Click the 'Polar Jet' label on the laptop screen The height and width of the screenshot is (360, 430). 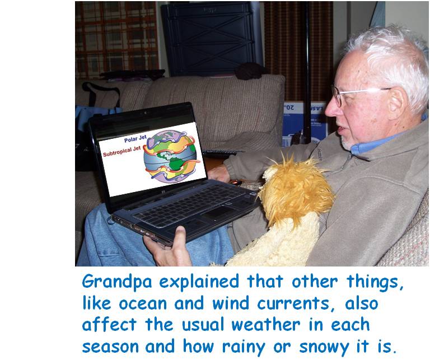click(x=135, y=139)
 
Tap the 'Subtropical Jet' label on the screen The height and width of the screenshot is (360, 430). click(x=121, y=151)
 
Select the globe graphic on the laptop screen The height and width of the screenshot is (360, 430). click(x=171, y=156)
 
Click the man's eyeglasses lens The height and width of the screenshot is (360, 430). click(x=338, y=96)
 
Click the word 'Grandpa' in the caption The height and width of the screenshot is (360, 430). click(x=117, y=282)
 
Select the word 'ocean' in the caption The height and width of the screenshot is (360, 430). click(x=143, y=304)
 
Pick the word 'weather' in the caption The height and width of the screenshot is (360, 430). click(x=266, y=325)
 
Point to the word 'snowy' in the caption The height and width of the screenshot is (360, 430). click(x=324, y=347)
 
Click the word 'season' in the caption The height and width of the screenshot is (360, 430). click(x=110, y=347)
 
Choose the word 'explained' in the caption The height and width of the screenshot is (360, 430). click(x=199, y=282)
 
